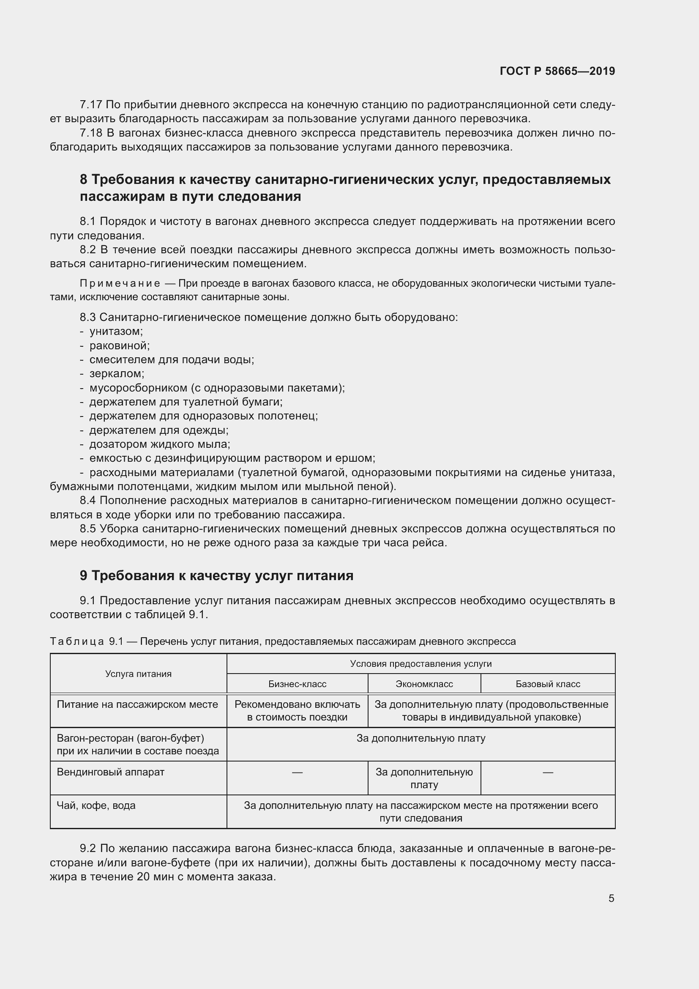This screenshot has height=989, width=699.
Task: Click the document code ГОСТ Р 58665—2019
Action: click(557, 71)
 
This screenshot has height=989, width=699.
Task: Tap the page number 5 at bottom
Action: click(611, 898)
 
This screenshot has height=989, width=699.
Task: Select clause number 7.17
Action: click(90, 105)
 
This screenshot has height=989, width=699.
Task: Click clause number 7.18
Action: click(90, 133)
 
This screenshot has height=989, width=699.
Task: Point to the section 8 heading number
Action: click(84, 180)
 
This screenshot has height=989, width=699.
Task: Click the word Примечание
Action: click(120, 283)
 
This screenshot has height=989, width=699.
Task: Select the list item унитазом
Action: click(116, 331)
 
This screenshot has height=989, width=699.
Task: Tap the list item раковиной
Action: click(119, 345)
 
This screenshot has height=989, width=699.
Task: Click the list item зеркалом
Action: click(117, 373)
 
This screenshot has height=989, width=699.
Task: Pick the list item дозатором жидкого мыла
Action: click(159, 444)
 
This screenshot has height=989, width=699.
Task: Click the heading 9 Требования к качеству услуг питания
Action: click(216, 575)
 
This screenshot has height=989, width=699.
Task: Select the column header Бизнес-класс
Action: click(297, 684)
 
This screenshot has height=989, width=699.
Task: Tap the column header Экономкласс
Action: click(424, 684)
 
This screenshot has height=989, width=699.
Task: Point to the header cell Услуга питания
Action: click(138, 674)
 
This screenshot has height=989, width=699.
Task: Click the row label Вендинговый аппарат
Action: click(111, 772)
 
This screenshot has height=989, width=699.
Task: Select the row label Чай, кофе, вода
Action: click(96, 805)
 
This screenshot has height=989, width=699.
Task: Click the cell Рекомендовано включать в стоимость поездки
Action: click(297, 711)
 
